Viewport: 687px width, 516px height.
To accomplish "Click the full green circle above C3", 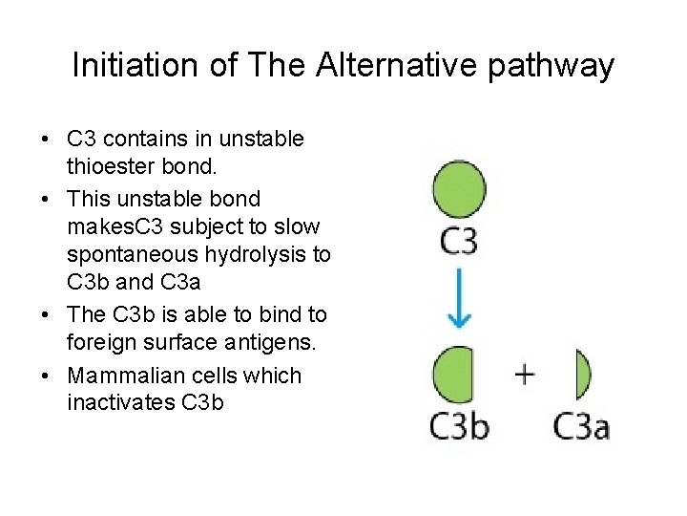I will click(459, 189).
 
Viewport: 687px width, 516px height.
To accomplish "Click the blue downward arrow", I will click(459, 299).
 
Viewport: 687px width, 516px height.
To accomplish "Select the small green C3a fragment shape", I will click(582, 375).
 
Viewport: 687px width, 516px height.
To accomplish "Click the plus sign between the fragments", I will click(524, 374).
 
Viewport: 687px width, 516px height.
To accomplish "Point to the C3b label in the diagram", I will click(459, 424).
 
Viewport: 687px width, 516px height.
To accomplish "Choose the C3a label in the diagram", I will click(581, 424).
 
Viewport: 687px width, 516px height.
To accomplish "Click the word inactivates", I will click(120, 402).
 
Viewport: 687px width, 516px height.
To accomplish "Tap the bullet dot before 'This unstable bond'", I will click(46, 199).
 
